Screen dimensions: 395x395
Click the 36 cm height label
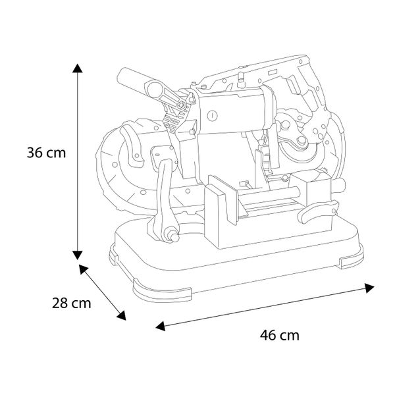(46, 153)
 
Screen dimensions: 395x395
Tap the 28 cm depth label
(72, 303)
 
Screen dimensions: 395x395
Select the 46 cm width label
(280, 335)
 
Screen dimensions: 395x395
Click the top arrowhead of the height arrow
(77, 68)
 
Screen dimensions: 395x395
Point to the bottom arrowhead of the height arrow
(77, 255)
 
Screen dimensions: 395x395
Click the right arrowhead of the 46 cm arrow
(369, 288)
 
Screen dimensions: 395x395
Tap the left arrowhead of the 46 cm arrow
(161, 326)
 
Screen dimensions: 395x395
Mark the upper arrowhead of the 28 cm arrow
(84, 269)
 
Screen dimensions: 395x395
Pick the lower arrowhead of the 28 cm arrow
(121, 315)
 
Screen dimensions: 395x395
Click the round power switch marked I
(212, 116)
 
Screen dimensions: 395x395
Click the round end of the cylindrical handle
(155, 89)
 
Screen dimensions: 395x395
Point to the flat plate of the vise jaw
(223, 199)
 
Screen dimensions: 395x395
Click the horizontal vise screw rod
(269, 196)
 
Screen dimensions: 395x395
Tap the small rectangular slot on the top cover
(273, 72)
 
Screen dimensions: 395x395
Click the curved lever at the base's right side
(317, 211)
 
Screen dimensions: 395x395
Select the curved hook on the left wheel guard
(132, 146)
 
